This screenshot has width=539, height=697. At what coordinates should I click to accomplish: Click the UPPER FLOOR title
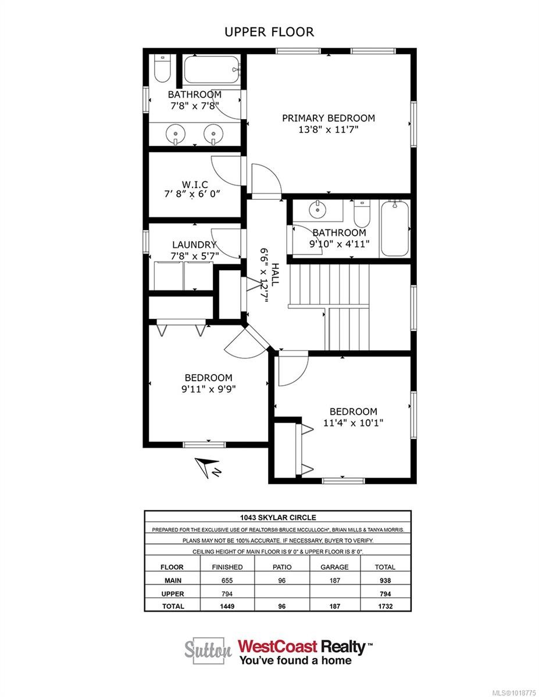pyautogui.click(x=269, y=32)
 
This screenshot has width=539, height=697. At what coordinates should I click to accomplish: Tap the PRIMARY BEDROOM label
pyautogui.click(x=328, y=118)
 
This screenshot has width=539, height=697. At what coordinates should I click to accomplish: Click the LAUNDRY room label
pyautogui.click(x=194, y=245)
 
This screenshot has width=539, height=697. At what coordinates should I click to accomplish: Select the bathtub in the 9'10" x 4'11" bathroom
pyautogui.click(x=395, y=228)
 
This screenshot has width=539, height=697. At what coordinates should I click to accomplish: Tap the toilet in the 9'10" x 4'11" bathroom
pyautogui.click(x=362, y=214)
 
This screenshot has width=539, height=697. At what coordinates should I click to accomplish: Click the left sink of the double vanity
pyautogui.click(x=175, y=134)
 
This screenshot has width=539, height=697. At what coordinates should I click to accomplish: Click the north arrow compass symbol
pyautogui.click(x=204, y=467)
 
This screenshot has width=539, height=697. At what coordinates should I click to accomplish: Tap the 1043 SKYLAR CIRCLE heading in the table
pyautogui.click(x=277, y=517)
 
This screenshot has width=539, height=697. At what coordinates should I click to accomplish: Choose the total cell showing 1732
pyautogui.click(x=385, y=606)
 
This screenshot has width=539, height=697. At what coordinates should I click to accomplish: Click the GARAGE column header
pyautogui.click(x=335, y=567)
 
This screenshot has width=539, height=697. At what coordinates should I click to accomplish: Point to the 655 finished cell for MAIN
pyautogui.click(x=227, y=580)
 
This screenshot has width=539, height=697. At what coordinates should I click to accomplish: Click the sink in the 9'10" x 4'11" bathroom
pyautogui.click(x=317, y=209)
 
